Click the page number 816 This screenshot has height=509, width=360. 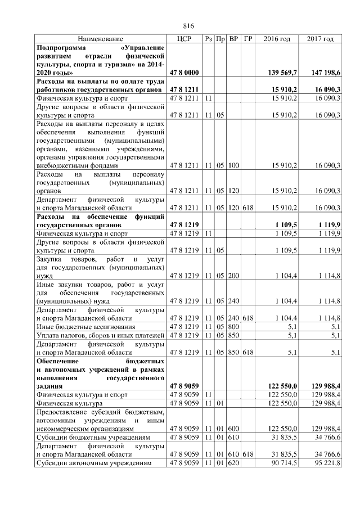(x=188, y=26)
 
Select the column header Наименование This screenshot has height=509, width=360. (x=100, y=39)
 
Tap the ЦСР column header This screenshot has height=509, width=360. (x=184, y=39)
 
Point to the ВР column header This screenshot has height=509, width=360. (x=233, y=39)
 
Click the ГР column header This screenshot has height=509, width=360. (x=248, y=39)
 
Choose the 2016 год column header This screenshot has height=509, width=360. (x=277, y=39)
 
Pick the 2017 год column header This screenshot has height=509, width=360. (x=321, y=39)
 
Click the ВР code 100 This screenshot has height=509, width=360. (x=233, y=165)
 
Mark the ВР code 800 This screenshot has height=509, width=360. (x=233, y=326)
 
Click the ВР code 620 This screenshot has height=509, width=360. (x=233, y=463)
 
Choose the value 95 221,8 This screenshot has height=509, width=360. (x=327, y=463)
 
